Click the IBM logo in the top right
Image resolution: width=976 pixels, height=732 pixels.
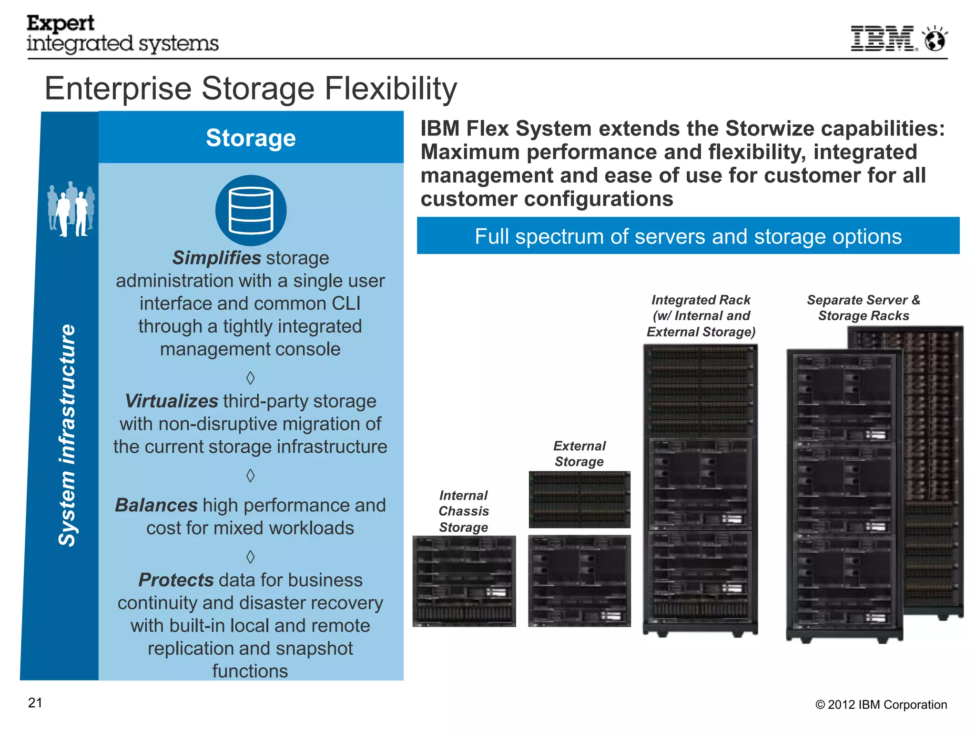pyautogui.click(x=883, y=39)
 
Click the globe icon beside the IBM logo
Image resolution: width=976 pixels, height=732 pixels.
pyautogui.click(x=935, y=39)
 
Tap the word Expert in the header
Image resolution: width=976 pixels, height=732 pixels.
pyautogui.click(x=61, y=23)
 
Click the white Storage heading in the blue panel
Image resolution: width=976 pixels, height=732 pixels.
pyautogui.click(x=251, y=138)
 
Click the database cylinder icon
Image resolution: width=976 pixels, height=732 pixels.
pyautogui.click(x=251, y=210)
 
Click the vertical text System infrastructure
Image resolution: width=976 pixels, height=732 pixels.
pyautogui.click(x=67, y=435)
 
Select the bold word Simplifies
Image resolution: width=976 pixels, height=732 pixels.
pyautogui.click(x=216, y=258)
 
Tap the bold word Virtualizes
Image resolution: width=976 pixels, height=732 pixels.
pyautogui.click(x=172, y=401)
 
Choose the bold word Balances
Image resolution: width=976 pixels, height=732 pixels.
pyautogui.click(x=156, y=505)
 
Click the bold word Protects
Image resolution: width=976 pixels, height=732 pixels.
pyautogui.click(x=176, y=580)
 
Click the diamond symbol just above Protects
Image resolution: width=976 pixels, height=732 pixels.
pyautogui.click(x=251, y=556)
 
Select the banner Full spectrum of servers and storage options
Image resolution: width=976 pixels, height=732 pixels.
pyautogui.click(x=688, y=236)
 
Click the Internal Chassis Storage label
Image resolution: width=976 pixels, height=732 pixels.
pyautogui.click(x=464, y=511)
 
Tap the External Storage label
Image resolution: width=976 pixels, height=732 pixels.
pyautogui.click(x=579, y=454)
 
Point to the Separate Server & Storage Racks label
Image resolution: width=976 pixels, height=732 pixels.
pyautogui.click(x=864, y=308)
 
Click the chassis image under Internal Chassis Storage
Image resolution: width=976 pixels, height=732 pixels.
pyautogui.click(x=464, y=581)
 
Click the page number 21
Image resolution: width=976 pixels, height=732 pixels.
pyautogui.click(x=35, y=703)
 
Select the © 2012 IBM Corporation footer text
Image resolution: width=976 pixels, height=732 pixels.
pyautogui.click(x=881, y=705)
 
